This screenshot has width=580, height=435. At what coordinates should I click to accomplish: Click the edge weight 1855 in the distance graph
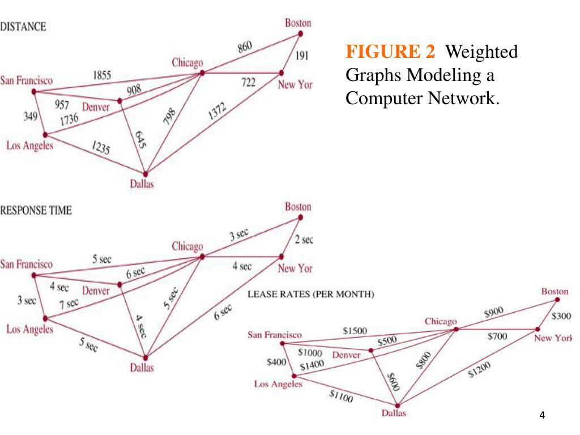pos(103,75)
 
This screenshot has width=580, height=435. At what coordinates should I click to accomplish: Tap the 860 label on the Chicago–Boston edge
pos(245,48)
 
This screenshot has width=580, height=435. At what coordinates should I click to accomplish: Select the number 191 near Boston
pos(302,57)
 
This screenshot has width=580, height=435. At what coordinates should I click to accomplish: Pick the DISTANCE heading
pos(23,26)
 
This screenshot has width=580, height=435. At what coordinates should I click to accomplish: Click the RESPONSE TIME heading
pos(36,211)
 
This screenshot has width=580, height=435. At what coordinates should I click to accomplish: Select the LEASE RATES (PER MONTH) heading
pos(311,295)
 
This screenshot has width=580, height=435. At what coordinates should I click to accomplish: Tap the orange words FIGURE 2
pos(391,52)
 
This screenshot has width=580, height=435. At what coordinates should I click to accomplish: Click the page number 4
pos(542,416)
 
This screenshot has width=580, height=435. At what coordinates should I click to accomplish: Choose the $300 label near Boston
pos(561,316)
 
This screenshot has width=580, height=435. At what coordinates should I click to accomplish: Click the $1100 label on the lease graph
pos(341,398)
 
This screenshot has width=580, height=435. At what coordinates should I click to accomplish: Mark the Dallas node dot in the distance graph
pos(146,174)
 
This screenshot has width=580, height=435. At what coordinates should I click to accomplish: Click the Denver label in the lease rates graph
pos(346,355)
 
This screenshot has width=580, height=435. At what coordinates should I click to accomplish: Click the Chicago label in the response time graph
pos(187,246)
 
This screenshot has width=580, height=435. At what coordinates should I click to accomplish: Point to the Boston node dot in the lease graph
pos(557,300)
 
